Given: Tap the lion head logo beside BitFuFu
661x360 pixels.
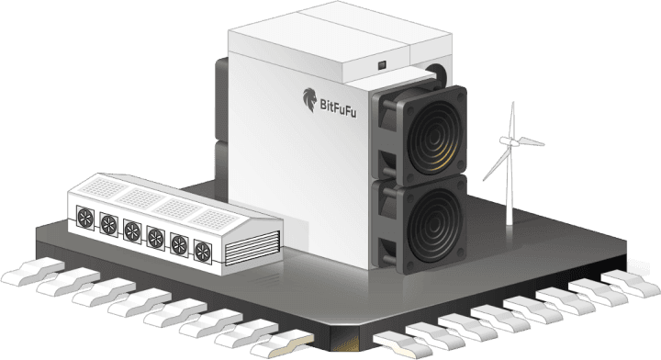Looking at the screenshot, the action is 310,100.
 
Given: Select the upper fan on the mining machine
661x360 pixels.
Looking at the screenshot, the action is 423,134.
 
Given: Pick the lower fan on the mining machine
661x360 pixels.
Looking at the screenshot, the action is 423,223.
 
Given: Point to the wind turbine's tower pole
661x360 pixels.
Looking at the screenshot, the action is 510,186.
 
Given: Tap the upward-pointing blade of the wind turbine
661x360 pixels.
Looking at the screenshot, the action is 512,119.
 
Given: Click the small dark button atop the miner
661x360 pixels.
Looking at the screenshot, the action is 382,65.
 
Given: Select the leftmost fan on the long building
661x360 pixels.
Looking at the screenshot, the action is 85,218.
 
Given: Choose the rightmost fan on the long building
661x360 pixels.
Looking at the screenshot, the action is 203,252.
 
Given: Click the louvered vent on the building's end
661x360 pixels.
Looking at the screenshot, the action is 252,248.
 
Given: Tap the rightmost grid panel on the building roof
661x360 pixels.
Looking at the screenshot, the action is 215,219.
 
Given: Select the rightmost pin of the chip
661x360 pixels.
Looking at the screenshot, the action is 631,283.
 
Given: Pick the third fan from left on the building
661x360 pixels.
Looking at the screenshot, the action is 132,231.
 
